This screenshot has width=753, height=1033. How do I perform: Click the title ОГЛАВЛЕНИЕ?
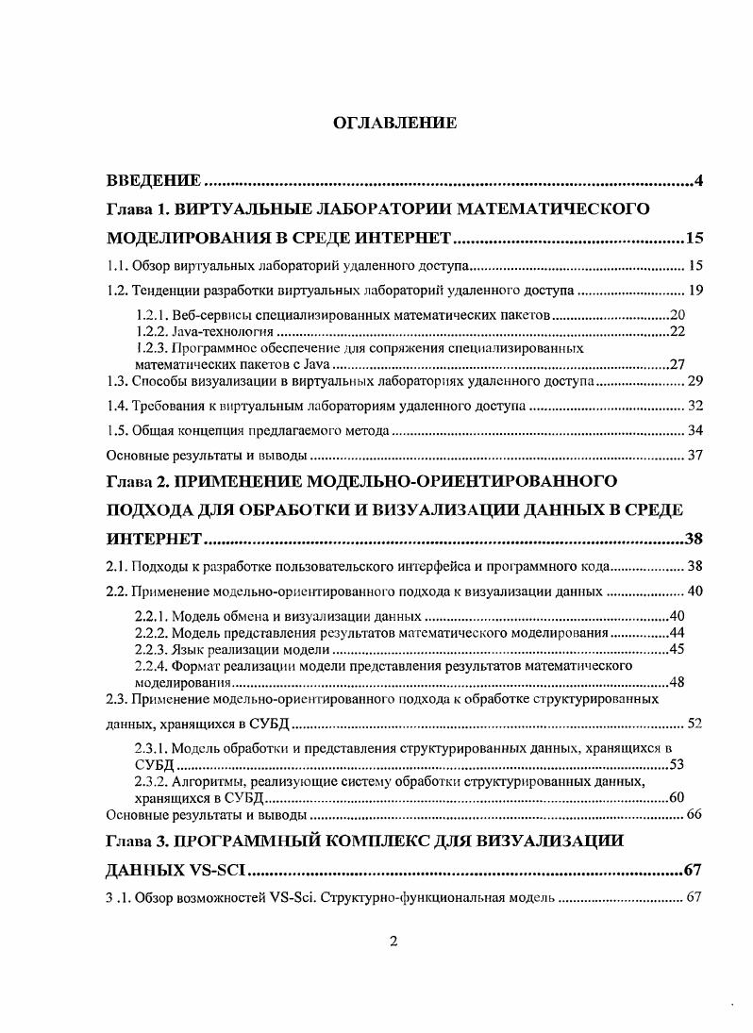[x=394, y=123]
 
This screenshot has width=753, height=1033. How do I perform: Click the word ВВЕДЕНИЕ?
[x=153, y=180]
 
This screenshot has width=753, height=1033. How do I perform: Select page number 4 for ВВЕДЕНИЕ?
[x=698, y=180]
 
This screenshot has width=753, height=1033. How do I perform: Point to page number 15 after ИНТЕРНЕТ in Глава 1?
[x=694, y=237]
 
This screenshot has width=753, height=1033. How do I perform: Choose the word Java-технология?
[x=226, y=331]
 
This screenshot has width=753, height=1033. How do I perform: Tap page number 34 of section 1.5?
[x=694, y=431]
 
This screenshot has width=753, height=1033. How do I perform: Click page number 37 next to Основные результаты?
[x=694, y=456]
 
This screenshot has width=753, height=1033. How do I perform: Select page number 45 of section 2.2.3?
[x=676, y=649]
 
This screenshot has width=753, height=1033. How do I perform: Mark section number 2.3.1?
[x=155, y=748]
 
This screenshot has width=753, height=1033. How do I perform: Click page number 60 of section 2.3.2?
[x=676, y=797]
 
